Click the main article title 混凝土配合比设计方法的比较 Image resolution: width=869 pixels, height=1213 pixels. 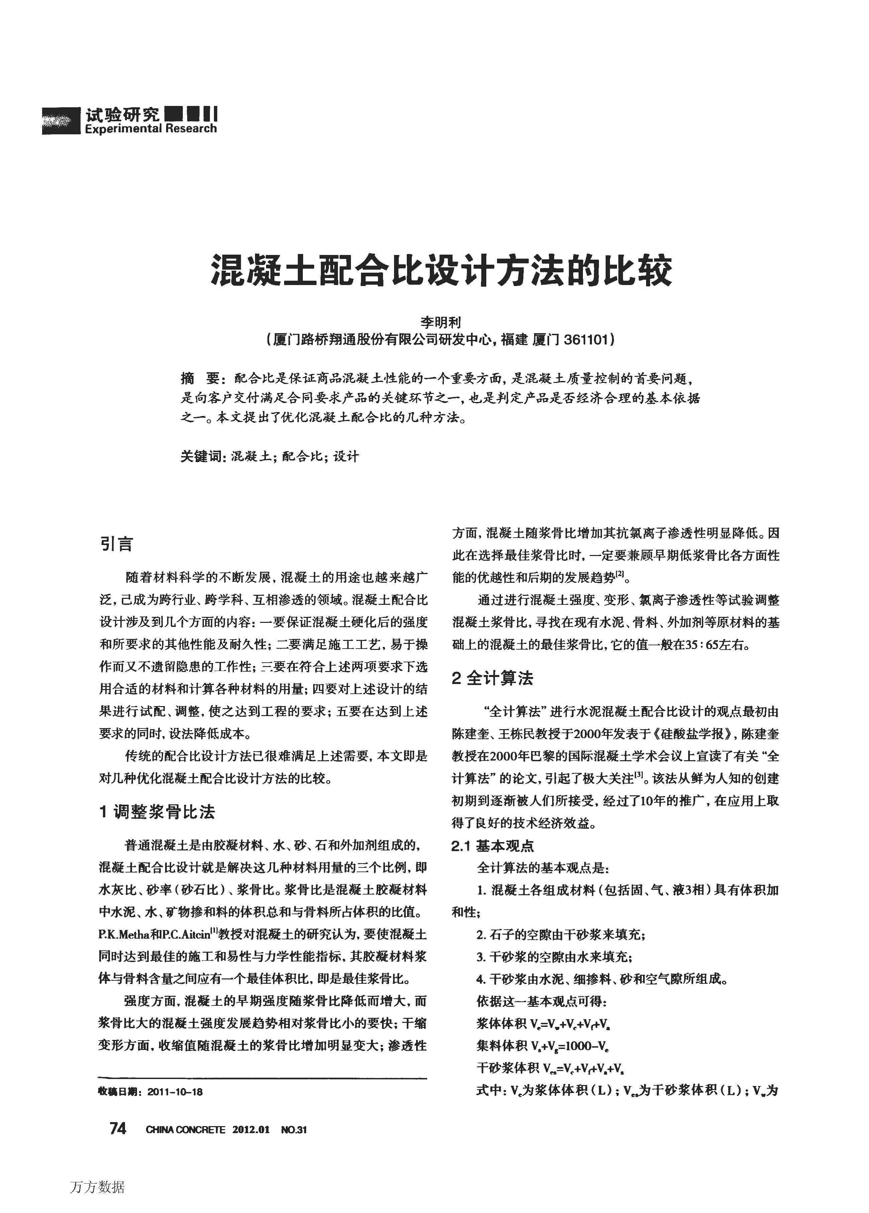point(442,270)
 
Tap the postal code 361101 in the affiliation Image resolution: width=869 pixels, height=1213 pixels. point(587,340)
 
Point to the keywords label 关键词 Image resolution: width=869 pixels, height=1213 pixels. point(200,456)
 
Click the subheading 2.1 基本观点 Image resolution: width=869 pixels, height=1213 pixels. point(492,845)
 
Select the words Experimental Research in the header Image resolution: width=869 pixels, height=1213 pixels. point(150,128)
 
